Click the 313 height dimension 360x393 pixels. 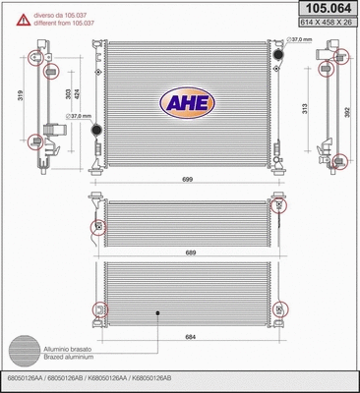[304, 109]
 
